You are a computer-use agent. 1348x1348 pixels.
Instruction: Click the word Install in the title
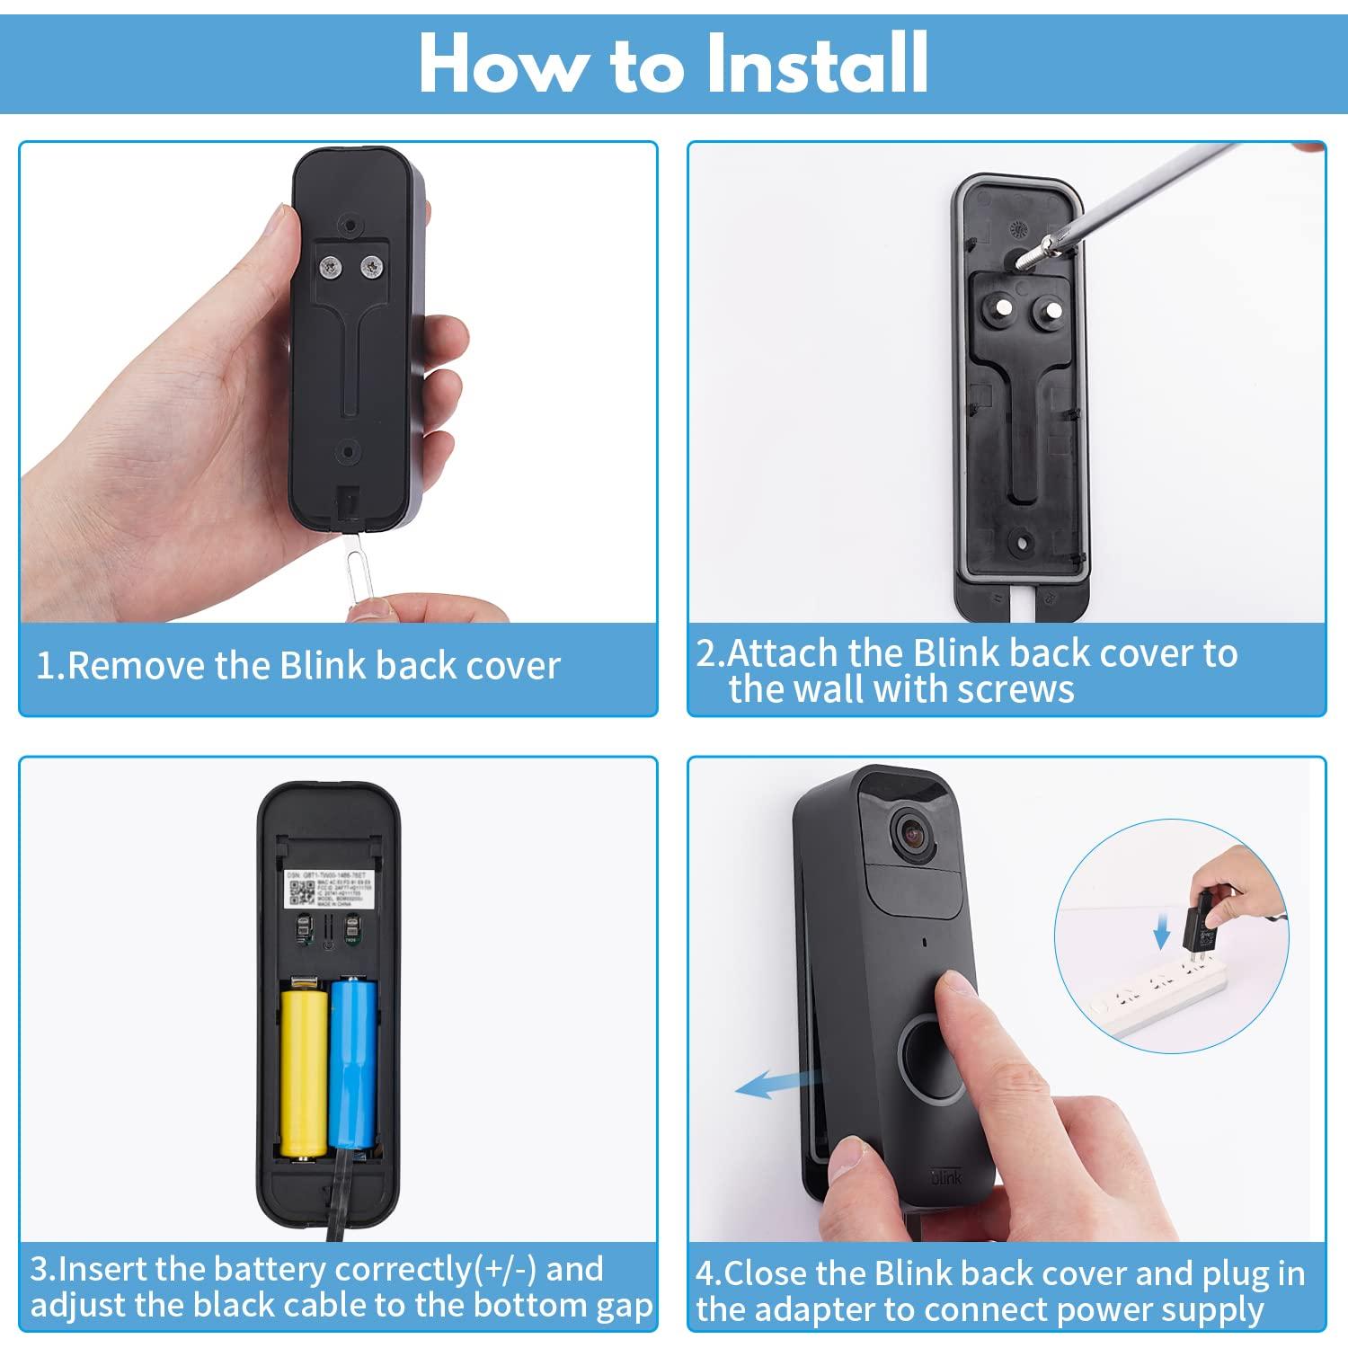click(816, 63)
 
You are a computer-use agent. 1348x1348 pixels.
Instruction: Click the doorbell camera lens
click(914, 833)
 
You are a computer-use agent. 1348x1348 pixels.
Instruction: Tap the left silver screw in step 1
click(332, 265)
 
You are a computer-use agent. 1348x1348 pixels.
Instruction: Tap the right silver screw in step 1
click(370, 266)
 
